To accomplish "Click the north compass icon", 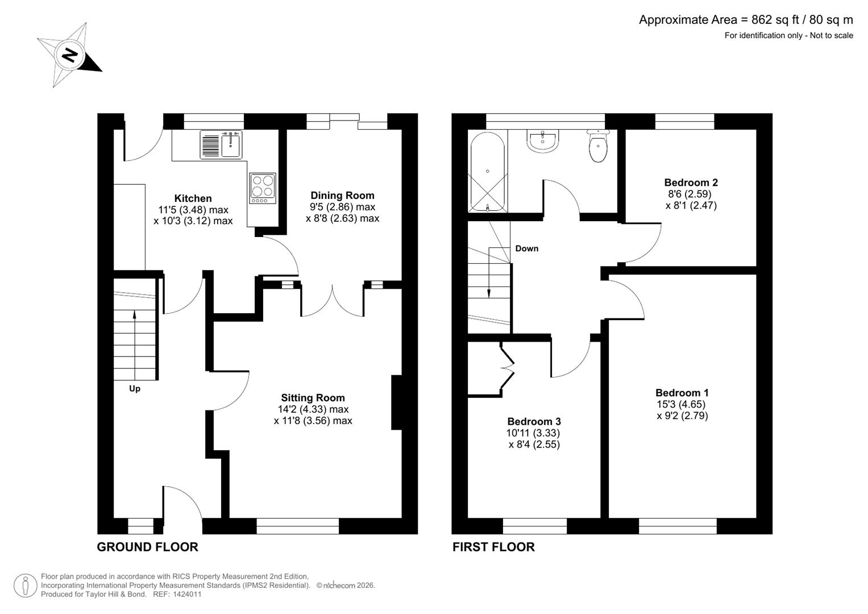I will [x=69, y=55].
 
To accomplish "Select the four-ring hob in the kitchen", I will [x=263, y=188].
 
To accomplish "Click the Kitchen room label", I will [x=193, y=198].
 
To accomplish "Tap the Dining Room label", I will [x=342, y=196].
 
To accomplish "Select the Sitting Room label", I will [x=313, y=398].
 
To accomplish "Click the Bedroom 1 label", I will [x=682, y=393].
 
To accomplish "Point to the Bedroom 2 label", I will [x=691, y=182].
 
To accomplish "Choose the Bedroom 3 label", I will [x=534, y=421].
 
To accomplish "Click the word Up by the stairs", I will [x=135, y=389].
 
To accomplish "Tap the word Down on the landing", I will [x=526, y=248].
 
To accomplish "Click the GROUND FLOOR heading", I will [x=147, y=547].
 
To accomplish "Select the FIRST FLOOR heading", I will [x=493, y=547].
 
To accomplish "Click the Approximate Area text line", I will [x=745, y=20].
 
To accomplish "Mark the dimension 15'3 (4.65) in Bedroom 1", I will [x=680, y=404].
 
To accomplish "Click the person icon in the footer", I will [x=26, y=585].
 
